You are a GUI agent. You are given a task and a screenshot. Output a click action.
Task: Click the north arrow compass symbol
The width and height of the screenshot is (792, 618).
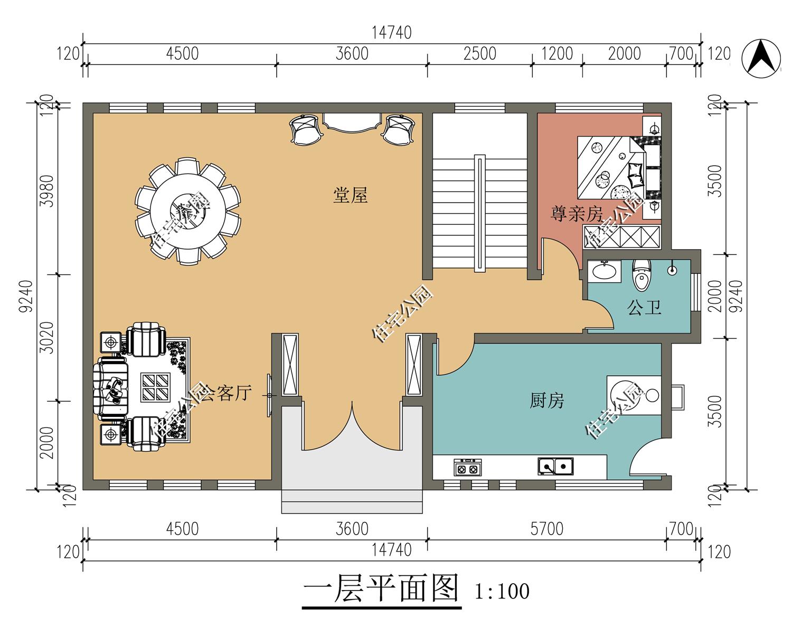[761, 58]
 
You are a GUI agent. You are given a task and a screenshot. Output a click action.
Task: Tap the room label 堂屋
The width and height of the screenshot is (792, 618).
[350, 195]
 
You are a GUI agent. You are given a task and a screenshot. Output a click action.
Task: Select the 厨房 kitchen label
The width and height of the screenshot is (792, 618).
[546, 401]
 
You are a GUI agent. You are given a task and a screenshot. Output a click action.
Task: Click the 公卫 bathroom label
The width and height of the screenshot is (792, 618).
[644, 307]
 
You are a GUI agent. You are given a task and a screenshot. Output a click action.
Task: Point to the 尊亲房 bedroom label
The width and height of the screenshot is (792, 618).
[577, 214]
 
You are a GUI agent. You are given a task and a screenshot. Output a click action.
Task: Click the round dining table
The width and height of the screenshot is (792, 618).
[188, 211]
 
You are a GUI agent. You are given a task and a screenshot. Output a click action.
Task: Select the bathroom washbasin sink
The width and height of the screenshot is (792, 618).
[604, 271]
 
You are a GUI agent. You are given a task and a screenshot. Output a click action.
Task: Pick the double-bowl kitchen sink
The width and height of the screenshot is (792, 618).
[555, 467]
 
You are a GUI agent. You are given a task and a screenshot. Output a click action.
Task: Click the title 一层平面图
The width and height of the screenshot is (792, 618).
[381, 588]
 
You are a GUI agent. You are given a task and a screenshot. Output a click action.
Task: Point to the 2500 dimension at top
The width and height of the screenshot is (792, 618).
[479, 54]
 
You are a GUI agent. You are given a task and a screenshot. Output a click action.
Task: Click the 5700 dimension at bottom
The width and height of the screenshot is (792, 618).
[546, 529]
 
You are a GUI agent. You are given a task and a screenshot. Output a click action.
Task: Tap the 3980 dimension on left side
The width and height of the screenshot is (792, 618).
[47, 191]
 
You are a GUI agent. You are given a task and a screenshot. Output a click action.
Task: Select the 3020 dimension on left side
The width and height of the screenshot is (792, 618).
[47, 338]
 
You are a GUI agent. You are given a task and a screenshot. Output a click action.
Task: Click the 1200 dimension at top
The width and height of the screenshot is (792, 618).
[558, 54]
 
